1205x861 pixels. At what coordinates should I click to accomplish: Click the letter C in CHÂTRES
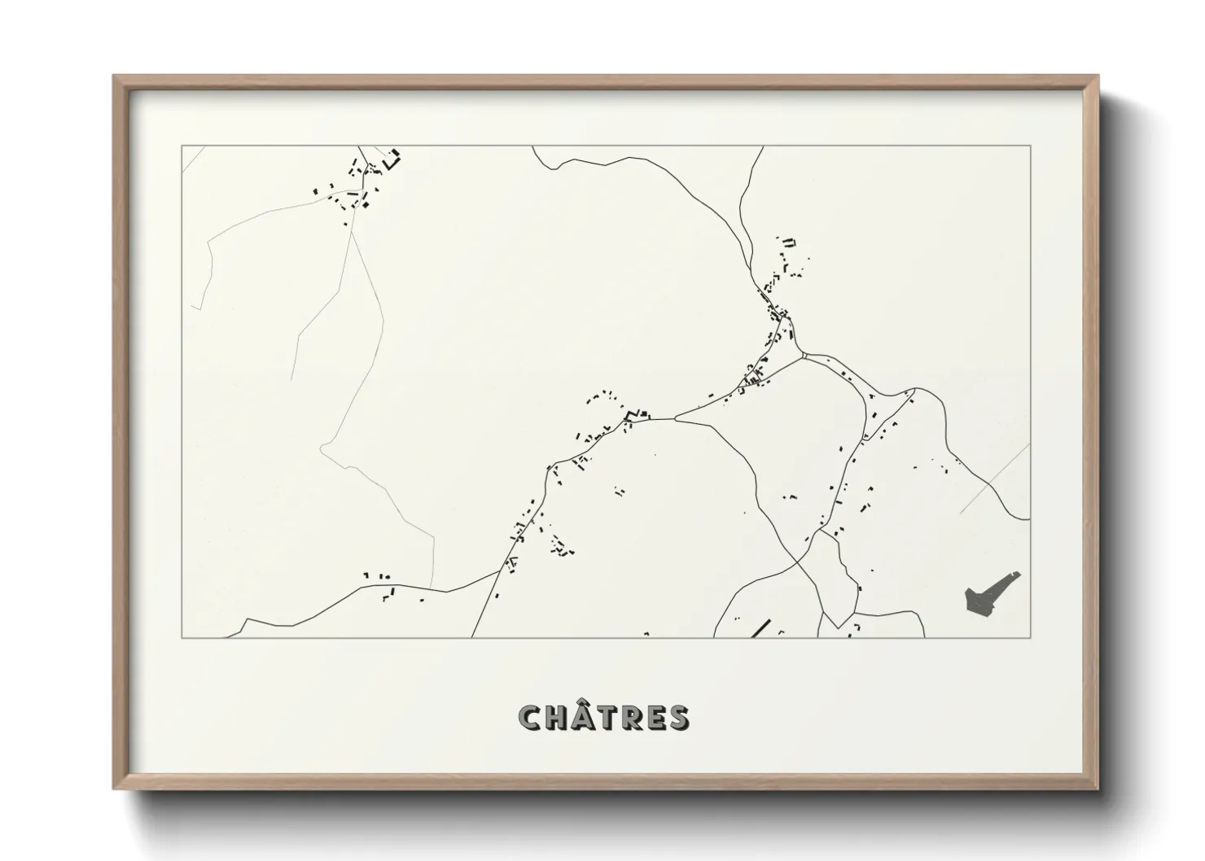coord(530,719)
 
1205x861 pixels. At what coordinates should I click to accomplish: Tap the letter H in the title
coord(556,719)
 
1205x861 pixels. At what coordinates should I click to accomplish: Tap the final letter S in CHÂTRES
coord(677,719)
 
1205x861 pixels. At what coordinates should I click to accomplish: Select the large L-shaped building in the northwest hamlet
coord(395,160)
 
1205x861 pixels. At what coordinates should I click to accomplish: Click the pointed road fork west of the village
coord(677,418)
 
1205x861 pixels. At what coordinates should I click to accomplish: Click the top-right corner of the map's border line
coord(1030,146)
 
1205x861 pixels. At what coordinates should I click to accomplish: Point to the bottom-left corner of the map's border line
coord(182,637)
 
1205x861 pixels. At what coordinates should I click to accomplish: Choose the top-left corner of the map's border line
coord(182,146)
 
